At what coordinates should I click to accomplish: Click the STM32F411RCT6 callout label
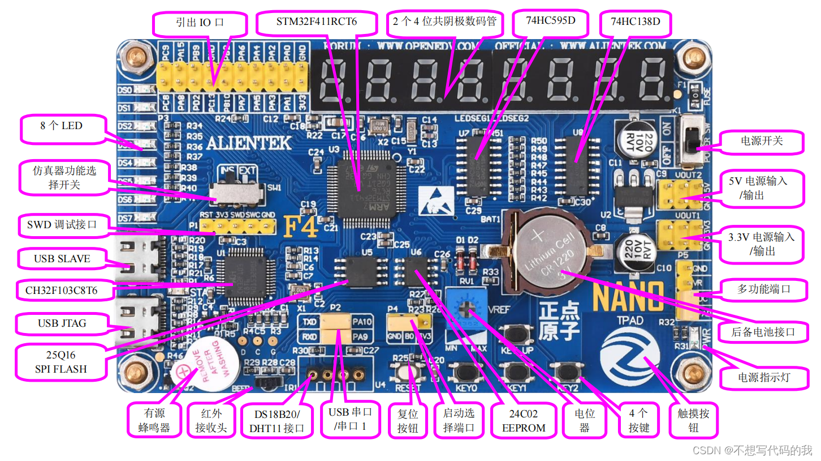coord(317,23)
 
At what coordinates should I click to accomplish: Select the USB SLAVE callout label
coord(62,259)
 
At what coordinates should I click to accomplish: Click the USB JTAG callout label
coord(62,324)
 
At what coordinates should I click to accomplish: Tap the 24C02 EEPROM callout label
coord(524,420)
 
